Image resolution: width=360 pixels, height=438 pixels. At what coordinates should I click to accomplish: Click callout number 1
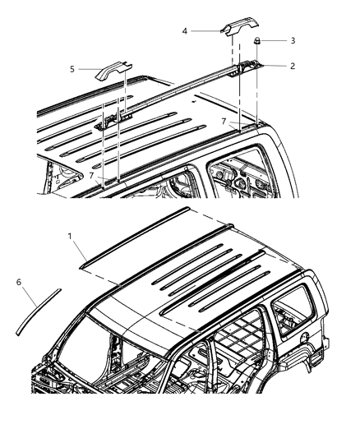coord(72,235)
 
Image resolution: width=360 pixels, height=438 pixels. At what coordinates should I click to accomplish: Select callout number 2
coord(293,65)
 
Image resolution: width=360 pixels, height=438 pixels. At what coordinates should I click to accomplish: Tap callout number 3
coord(293,39)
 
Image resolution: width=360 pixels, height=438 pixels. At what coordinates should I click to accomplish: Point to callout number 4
coord(185,30)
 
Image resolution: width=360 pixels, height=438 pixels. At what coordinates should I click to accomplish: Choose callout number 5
coord(72,70)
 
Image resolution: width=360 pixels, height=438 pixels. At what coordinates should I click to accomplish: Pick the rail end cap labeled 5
coord(113,71)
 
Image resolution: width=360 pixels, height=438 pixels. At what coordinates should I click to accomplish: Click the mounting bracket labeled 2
coord(248,67)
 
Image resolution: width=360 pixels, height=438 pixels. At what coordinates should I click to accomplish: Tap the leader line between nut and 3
coord(275,40)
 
